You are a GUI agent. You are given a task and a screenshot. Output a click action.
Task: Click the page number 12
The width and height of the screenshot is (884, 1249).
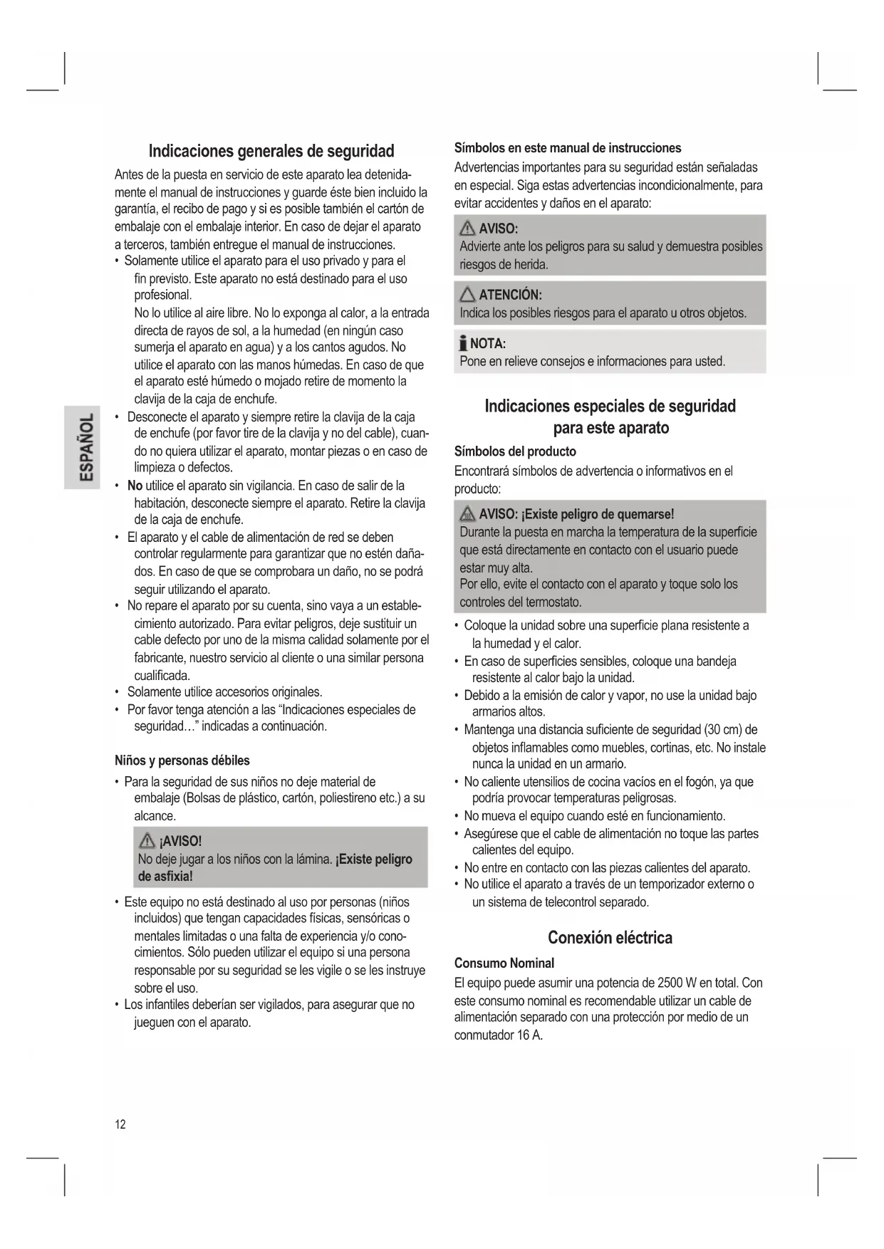pos(120,1124)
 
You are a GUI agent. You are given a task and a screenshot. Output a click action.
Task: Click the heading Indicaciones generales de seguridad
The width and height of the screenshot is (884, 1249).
pos(271,151)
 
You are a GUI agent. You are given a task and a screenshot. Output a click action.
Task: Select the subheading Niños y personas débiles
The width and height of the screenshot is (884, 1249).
pos(182,761)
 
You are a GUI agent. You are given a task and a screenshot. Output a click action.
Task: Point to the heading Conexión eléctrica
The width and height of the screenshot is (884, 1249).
pos(610,938)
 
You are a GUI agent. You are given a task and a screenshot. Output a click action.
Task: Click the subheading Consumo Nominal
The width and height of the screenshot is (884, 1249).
pos(504,963)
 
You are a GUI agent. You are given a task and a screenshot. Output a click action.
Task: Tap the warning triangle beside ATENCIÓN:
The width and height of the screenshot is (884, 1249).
pos(467,295)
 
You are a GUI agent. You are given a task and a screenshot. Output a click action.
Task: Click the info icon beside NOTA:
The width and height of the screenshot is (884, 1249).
pos(463,344)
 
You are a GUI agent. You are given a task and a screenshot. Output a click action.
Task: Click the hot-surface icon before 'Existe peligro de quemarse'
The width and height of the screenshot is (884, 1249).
pos(467,514)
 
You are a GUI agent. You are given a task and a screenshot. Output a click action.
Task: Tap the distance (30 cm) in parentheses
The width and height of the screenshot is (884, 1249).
pos(722,730)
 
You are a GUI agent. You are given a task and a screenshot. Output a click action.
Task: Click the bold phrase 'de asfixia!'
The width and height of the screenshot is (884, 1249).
pos(165,877)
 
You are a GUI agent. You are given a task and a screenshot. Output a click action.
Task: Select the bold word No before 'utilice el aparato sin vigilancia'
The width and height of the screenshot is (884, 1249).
pos(135,486)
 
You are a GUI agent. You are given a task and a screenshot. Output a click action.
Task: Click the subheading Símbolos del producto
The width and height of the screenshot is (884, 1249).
pos(515,451)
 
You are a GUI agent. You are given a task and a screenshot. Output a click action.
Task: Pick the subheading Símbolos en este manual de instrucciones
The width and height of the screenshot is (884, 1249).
pos(568,148)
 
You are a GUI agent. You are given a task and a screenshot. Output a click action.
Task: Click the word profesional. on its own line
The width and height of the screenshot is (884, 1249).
pos(162,296)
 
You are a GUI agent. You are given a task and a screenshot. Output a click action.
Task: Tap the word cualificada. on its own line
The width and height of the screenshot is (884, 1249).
pos(162,675)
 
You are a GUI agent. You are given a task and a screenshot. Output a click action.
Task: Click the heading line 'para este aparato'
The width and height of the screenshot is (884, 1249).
pos(610,428)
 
